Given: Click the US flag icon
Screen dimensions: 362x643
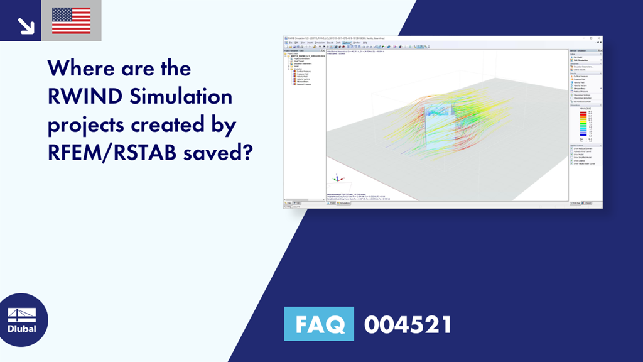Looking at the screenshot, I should (x=71, y=21).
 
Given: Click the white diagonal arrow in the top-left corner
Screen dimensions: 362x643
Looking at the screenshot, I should (x=25, y=25).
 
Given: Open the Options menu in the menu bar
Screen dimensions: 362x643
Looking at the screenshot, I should (x=347, y=42).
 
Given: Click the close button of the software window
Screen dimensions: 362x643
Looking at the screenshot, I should (x=599, y=38).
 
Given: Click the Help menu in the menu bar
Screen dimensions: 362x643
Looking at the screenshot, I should (x=365, y=42).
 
